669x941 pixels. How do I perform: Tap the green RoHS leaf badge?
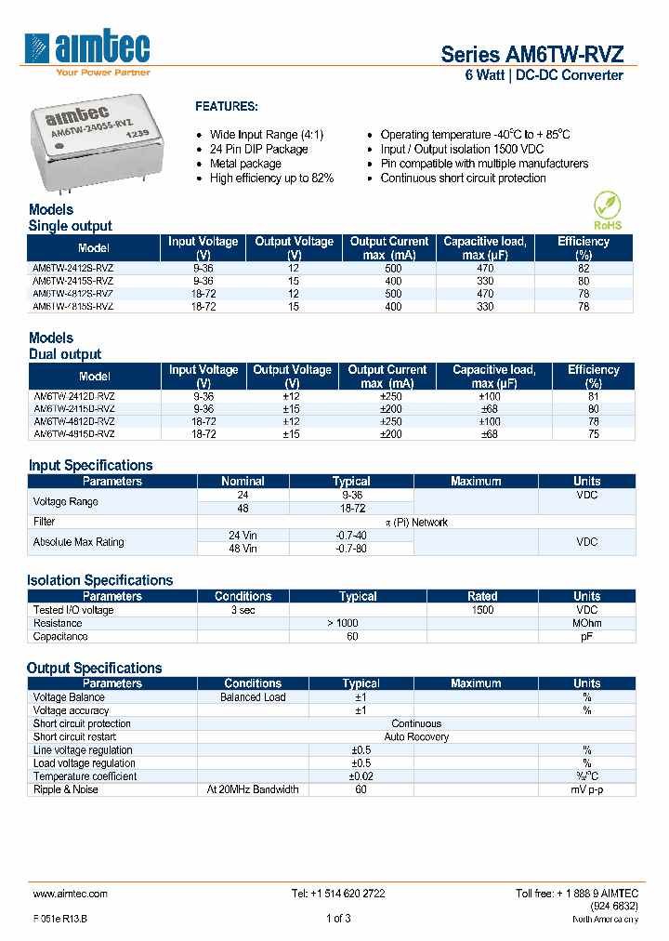click(607, 209)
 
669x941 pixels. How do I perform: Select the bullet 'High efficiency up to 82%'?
click(271, 178)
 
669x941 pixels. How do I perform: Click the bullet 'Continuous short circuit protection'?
click(463, 178)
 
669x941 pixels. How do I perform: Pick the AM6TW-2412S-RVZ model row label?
click(73, 267)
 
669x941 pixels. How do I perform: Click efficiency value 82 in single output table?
click(584, 267)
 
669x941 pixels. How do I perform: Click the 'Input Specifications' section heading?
click(90, 465)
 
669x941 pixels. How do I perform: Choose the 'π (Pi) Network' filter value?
click(416, 523)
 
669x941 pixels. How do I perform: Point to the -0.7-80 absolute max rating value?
click(351, 549)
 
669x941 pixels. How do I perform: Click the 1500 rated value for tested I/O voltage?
click(482, 610)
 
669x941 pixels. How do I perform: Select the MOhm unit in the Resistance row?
click(586, 623)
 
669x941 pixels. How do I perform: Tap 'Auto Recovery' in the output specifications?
click(416, 736)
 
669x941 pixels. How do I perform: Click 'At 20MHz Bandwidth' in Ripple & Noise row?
click(253, 789)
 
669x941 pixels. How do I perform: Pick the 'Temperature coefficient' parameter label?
click(85, 776)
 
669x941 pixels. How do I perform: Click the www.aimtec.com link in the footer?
click(71, 894)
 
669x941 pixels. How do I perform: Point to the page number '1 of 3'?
click(338, 919)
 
